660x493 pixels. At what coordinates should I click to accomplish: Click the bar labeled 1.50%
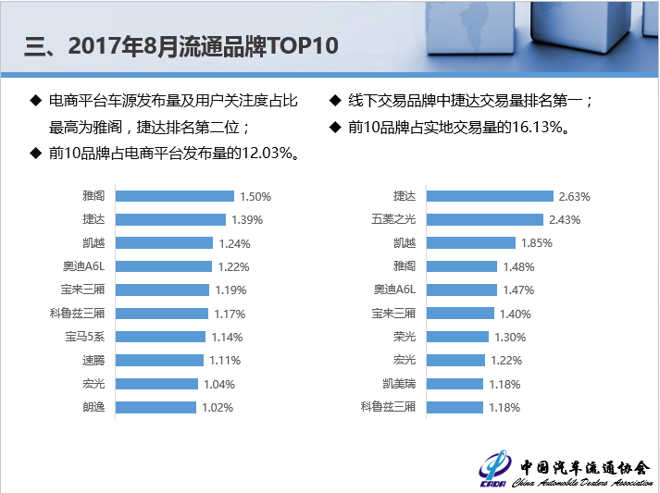[174, 196]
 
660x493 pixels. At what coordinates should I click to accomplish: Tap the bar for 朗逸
[156, 407]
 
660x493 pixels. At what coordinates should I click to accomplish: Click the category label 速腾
[93, 361]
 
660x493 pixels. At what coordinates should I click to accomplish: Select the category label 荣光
[405, 337]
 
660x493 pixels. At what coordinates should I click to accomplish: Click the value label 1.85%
[537, 243]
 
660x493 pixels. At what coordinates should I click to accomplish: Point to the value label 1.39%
[247, 220]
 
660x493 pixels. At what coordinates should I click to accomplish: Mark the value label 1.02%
[218, 407]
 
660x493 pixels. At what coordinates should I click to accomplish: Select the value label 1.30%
[510, 337]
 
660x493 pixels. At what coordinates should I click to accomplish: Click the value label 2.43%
[564, 220]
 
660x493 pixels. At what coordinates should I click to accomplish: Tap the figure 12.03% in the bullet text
[266, 154]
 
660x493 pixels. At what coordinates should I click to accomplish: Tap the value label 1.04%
[219, 384]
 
